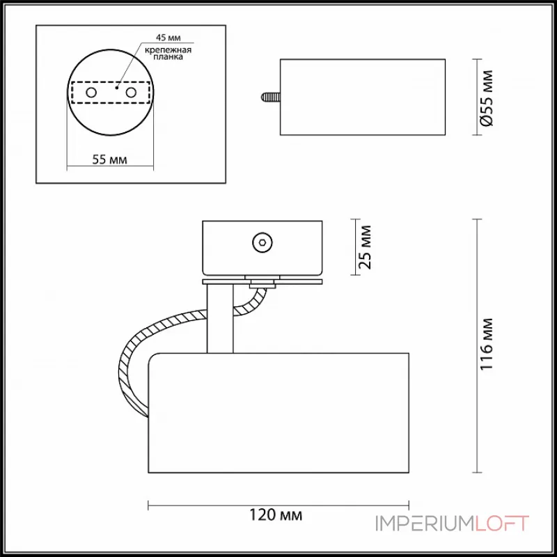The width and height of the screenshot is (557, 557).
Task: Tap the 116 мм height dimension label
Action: click(489, 344)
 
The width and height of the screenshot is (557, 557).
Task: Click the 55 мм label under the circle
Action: click(109, 159)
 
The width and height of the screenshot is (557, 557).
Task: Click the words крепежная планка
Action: click(164, 55)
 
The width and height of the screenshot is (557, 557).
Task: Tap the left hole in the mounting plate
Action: click(91, 93)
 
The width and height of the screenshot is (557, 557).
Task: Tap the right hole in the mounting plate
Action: click(130, 93)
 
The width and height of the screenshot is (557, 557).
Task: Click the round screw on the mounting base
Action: click(262, 243)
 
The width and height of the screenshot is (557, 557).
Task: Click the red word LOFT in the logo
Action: click(502, 524)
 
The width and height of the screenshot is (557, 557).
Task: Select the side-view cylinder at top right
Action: click(362, 97)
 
